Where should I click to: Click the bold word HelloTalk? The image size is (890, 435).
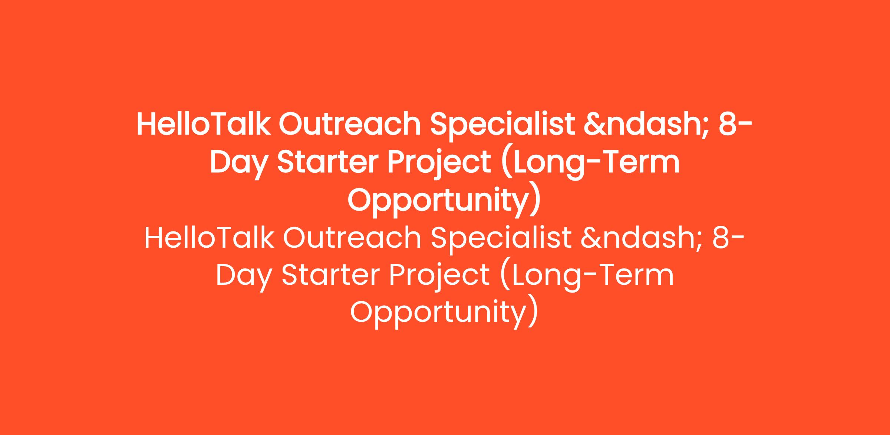204,124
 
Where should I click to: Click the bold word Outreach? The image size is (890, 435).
350,124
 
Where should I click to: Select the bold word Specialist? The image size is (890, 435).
502,126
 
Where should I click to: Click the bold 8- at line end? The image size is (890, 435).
736,124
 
